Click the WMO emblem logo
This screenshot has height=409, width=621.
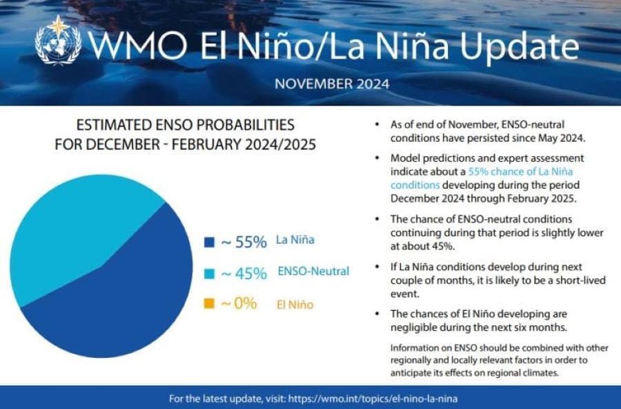click(58, 41)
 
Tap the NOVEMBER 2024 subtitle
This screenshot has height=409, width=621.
click(332, 84)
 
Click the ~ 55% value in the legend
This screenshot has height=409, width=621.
click(244, 242)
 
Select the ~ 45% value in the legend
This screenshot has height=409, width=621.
click(244, 273)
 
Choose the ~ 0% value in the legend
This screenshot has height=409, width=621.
click(239, 303)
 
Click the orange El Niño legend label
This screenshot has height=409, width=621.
click(296, 303)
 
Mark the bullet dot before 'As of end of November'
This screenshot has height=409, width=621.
click(376, 124)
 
